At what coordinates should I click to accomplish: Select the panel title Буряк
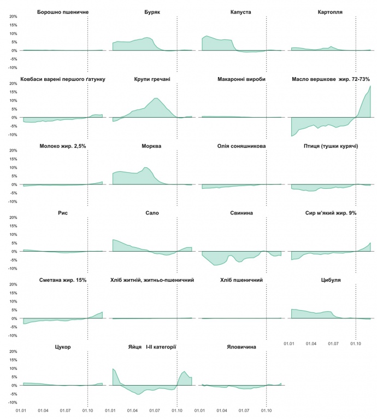(152, 11)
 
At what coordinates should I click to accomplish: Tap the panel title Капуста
(241, 11)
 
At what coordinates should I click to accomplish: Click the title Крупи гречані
(152, 79)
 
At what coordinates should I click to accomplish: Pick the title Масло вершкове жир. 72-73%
(331, 79)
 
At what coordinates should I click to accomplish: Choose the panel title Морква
(152, 146)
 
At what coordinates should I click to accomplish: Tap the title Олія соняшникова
(241, 146)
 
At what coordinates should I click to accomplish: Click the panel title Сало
(152, 213)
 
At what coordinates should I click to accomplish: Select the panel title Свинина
(241, 213)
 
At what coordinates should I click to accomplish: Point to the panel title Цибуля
(331, 280)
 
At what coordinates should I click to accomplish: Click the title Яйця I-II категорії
(152, 347)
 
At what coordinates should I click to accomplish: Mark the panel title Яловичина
(241, 347)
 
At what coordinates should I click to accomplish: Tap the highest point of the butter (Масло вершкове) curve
(370, 86)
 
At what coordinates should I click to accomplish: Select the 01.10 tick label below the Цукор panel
(87, 410)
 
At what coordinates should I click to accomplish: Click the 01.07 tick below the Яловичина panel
(244, 410)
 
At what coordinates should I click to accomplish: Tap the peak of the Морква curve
(145, 167)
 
